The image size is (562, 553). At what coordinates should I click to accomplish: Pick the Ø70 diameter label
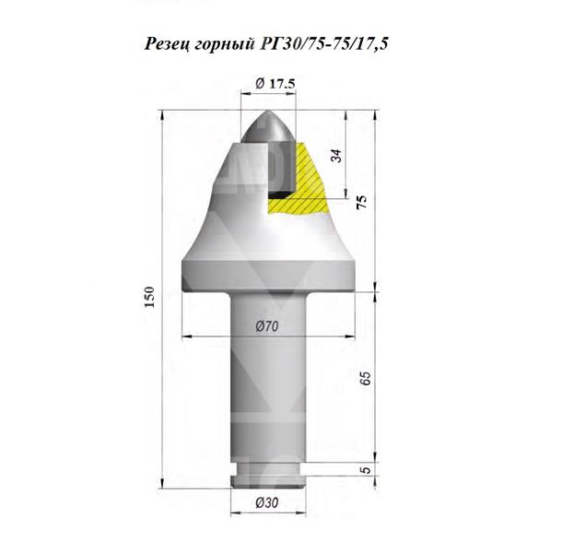coord(268,324)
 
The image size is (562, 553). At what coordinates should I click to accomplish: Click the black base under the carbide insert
coord(277,194)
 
